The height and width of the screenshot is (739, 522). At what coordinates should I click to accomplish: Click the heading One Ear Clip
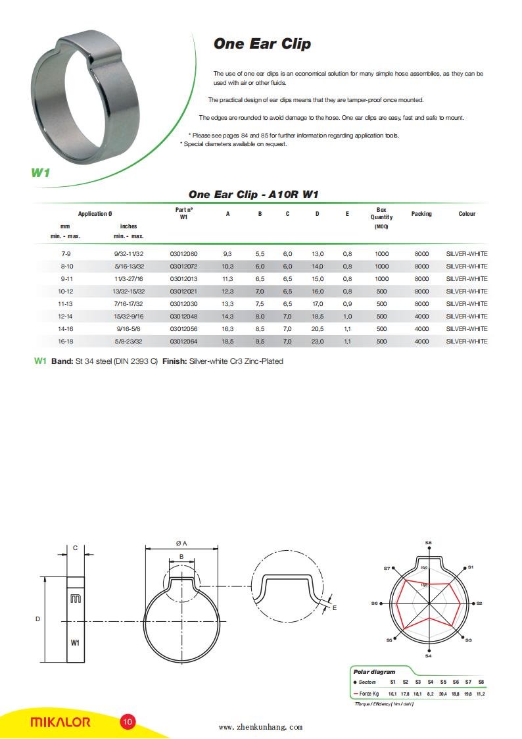pyautogui.click(x=262, y=44)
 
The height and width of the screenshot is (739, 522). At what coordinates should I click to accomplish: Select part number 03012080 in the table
pyautogui.click(x=183, y=254)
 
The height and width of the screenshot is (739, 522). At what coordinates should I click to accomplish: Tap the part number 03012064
pyautogui.click(x=183, y=342)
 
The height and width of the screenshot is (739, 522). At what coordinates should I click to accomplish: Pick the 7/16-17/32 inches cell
pyautogui.click(x=129, y=304)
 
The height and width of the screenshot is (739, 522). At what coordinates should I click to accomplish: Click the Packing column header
pyautogui.click(x=421, y=214)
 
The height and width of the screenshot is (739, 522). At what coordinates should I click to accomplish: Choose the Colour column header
pyautogui.click(x=467, y=214)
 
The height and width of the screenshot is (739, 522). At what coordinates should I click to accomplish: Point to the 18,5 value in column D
pyautogui.click(x=317, y=317)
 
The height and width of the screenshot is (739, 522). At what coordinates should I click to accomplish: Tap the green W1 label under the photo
pyautogui.click(x=41, y=172)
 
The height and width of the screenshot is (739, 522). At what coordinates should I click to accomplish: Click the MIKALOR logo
pyautogui.click(x=60, y=722)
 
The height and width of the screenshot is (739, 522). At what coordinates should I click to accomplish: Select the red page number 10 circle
pyautogui.click(x=128, y=722)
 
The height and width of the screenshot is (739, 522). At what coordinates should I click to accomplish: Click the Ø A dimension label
pyautogui.click(x=181, y=543)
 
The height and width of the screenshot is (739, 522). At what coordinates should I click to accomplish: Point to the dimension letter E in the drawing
pyautogui.click(x=334, y=607)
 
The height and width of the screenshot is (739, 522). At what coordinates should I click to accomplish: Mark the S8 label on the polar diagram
pyautogui.click(x=428, y=543)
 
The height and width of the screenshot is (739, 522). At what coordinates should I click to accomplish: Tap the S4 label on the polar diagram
pyautogui.click(x=428, y=655)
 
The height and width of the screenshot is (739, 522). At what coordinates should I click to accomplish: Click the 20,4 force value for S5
pyautogui.click(x=443, y=694)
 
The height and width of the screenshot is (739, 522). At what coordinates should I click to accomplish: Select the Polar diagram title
pyautogui.click(x=374, y=672)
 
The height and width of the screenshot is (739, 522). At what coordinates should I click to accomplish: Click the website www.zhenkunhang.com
pyautogui.click(x=260, y=727)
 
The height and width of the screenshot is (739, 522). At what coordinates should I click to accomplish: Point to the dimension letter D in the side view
pyautogui.click(x=37, y=619)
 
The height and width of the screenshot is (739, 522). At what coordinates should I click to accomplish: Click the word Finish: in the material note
pyautogui.click(x=174, y=361)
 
